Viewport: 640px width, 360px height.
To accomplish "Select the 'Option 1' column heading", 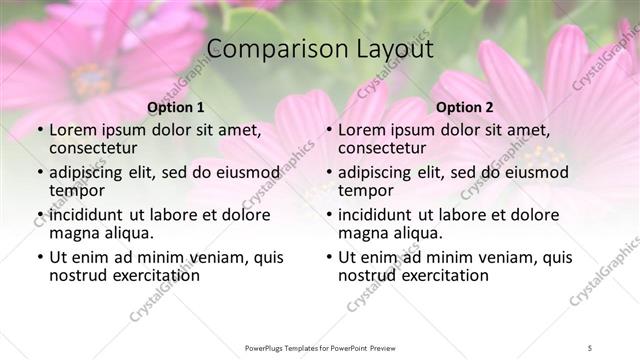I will (175, 107).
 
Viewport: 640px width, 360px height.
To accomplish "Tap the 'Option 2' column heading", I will (465, 107).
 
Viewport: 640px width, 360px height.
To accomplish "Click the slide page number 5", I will (591, 347).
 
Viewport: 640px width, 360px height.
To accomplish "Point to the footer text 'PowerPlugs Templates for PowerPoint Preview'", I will (320, 347).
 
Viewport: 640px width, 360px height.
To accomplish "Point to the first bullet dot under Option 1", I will (39, 130).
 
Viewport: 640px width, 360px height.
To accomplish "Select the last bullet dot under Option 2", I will (329, 257).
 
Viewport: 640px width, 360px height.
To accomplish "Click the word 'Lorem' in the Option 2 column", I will (361, 129).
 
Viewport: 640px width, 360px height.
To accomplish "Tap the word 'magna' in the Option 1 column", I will (76, 232).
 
